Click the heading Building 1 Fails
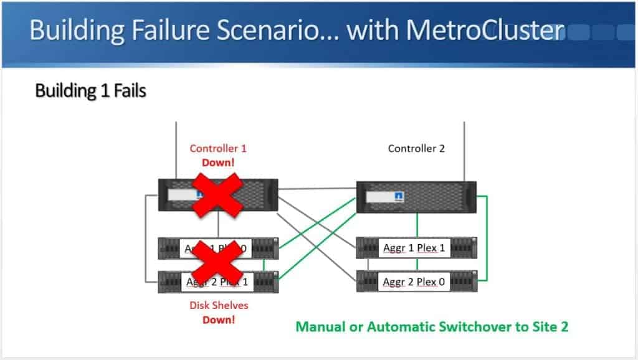click(x=90, y=91)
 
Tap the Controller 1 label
click(x=217, y=149)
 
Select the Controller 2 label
click(x=416, y=148)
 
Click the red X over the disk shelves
click(x=217, y=265)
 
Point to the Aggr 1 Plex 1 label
click(x=414, y=247)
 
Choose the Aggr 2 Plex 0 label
click(x=414, y=282)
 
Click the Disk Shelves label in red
click(x=217, y=306)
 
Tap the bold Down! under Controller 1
click(x=217, y=162)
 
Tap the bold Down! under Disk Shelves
click(x=217, y=320)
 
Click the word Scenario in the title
click(x=261, y=31)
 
